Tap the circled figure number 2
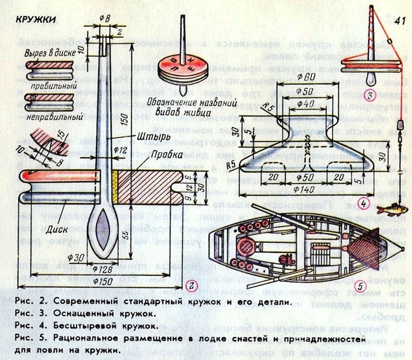pyautogui.click(x=191, y=284)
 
